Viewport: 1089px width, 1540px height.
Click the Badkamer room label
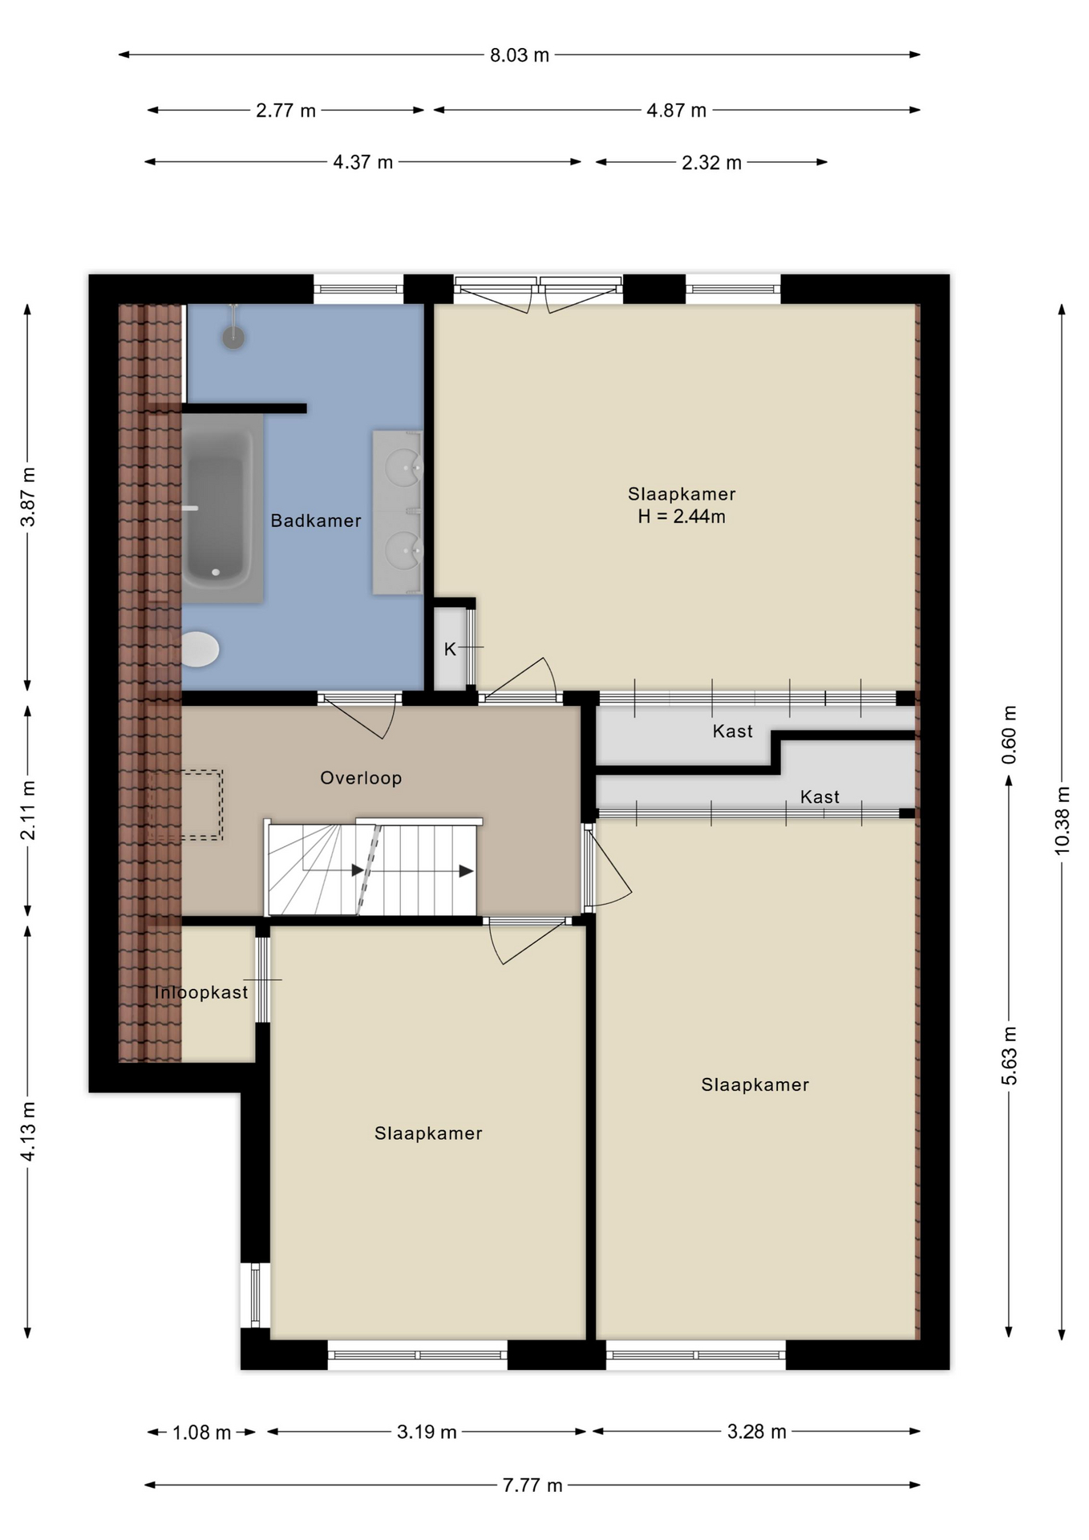click(316, 521)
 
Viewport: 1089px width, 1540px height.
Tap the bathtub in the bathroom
click(222, 509)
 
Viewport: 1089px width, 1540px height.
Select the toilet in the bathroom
click(199, 649)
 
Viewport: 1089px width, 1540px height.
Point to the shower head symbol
click(233, 337)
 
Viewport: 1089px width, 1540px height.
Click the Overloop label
click(361, 777)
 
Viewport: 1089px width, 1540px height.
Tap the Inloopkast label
click(201, 992)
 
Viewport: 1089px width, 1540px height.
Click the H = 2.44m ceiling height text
click(682, 517)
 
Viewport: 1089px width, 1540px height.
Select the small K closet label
click(450, 649)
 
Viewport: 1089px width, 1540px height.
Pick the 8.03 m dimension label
click(520, 55)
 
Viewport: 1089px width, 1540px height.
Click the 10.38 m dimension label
click(1063, 820)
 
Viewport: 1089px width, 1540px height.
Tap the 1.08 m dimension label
click(202, 1432)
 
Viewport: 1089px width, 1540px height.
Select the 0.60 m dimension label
click(1010, 734)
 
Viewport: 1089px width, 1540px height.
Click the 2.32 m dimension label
click(711, 163)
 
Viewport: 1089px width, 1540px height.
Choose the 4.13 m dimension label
click(28, 1131)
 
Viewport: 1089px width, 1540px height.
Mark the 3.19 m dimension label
click(427, 1432)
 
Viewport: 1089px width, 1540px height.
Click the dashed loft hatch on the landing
click(185, 805)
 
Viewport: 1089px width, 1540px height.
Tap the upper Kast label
click(733, 731)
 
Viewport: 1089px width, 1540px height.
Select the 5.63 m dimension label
click(1010, 1055)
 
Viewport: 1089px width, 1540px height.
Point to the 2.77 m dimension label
click(286, 111)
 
